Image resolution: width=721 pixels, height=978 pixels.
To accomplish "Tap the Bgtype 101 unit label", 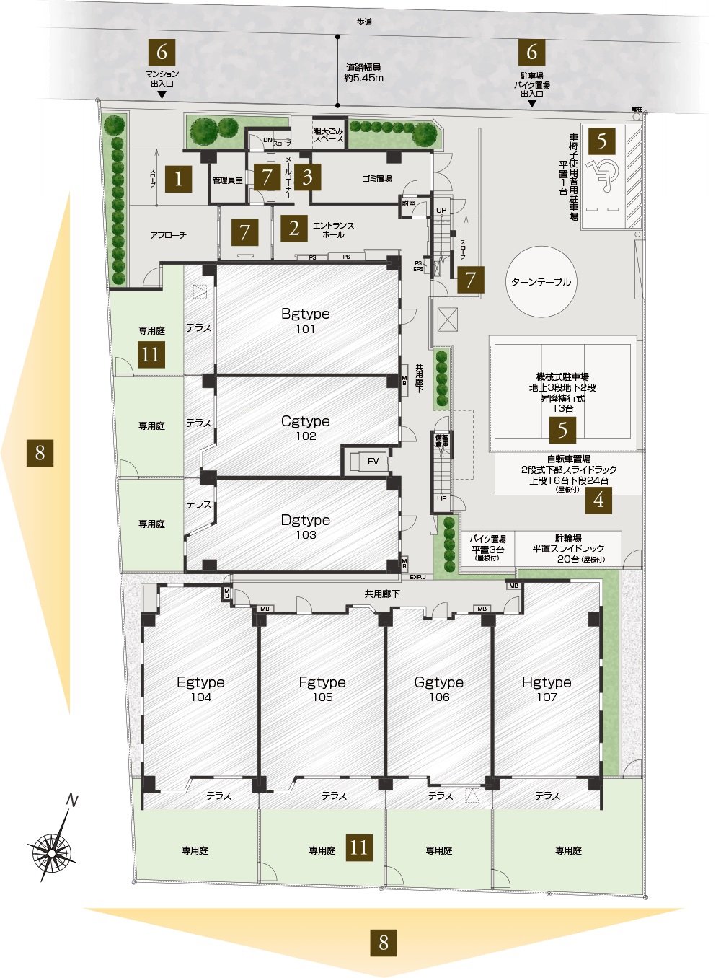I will [x=306, y=321].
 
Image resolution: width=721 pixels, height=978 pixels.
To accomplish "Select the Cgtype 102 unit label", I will [x=306, y=428].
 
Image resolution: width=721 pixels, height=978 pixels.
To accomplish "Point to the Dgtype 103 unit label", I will [x=306, y=527].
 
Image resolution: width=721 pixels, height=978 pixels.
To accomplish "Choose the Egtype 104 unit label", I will [x=200, y=689].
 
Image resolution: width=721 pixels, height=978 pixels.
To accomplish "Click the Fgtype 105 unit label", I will [x=322, y=689].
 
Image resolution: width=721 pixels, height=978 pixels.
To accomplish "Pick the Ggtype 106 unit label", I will [x=439, y=689].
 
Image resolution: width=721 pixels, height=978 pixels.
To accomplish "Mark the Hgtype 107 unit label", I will [x=547, y=689].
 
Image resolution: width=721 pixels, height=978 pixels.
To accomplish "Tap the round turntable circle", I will [x=541, y=282].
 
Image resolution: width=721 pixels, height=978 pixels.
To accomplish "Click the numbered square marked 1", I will [x=178, y=177].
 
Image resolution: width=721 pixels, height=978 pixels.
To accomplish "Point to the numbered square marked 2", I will [x=294, y=229].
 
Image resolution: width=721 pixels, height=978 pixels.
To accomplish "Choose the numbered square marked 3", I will [x=308, y=177].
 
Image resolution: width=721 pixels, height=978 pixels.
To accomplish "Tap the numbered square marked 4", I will [x=598, y=499].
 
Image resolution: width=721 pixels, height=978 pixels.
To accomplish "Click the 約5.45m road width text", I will [x=364, y=78].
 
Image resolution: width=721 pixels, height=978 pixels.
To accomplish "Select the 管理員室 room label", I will [x=227, y=180].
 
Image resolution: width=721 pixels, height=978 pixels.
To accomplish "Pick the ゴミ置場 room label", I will [x=377, y=178].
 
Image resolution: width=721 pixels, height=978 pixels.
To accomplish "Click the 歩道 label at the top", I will [x=364, y=22].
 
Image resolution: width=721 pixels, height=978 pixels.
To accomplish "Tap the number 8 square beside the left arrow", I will [x=40, y=452].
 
